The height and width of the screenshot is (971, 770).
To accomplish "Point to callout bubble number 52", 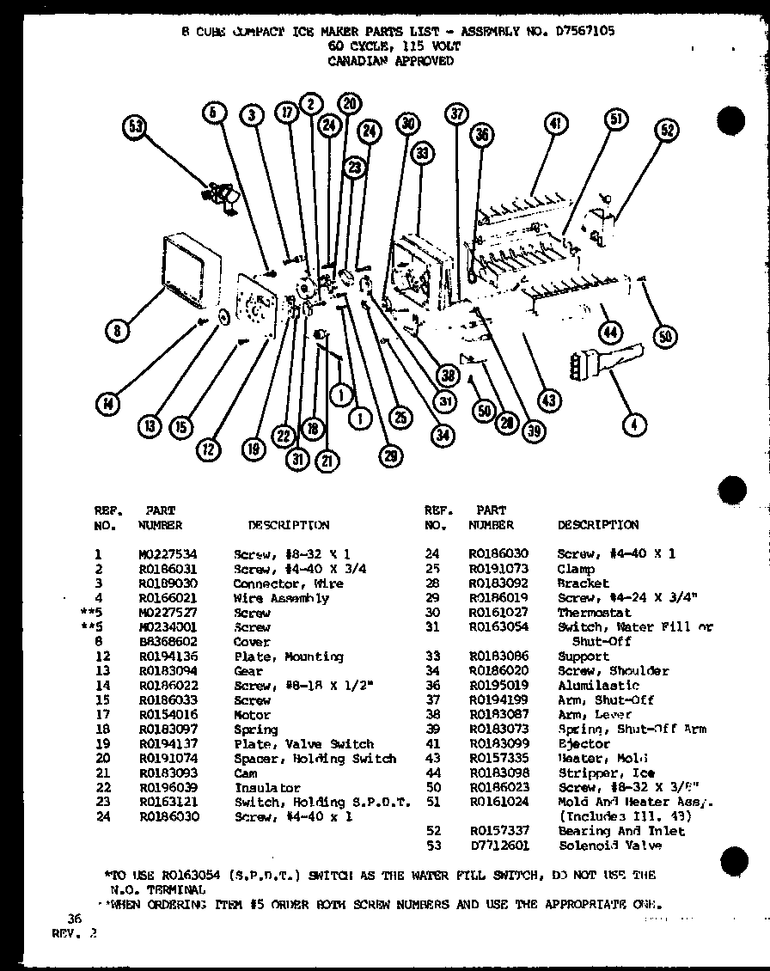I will point(667,131).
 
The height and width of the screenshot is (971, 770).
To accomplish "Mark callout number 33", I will point(420,155).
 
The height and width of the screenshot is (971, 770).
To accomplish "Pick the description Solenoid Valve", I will point(609,846).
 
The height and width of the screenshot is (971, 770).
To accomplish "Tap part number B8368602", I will point(168,642).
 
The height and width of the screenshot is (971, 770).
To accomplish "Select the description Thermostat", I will point(594,613).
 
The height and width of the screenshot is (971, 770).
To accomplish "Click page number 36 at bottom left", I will point(75,919).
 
